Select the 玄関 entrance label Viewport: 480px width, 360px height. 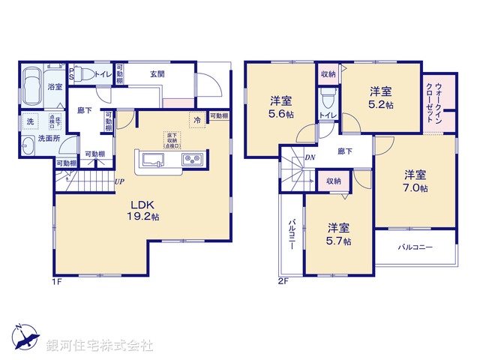[x=157, y=73]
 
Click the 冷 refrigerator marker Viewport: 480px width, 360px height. [x=197, y=120]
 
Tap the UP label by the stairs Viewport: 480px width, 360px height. [x=119, y=181]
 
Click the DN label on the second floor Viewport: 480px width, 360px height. [x=310, y=157]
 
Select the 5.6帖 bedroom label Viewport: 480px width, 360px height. [x=280, y=107]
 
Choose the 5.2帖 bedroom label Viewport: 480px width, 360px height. [x=379, y=97]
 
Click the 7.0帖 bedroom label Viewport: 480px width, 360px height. [x=413, y=181]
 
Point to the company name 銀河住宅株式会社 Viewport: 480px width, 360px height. [x=100, y=346]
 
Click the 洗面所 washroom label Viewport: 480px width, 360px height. [x=39, y=139]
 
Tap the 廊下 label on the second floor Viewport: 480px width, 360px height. [x=344, y=151]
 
